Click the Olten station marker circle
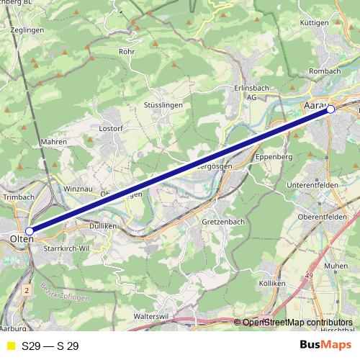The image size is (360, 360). pos(29,231)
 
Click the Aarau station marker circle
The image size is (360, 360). pos(331,109)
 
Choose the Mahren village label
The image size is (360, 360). pos(54,142)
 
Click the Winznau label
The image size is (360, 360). pos(78,189)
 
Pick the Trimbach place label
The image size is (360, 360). pos(19,197)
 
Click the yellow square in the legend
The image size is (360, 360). pos(10,346)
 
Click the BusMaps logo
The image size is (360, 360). pos(326,346)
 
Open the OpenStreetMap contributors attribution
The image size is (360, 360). pos(297,322)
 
